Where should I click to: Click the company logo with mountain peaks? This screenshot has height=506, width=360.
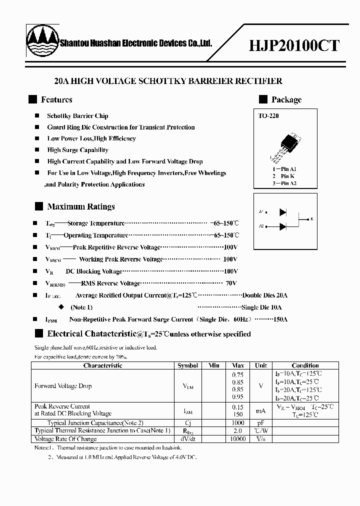[42, 42]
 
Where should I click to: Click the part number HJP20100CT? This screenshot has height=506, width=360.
[294, 45]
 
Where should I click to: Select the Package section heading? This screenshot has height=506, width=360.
[286, 99]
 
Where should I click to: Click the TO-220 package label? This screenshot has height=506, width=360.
[268, 116]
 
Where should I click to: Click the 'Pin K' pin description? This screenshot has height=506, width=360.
[284, 176]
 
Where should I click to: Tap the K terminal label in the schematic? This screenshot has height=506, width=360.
[311, 219]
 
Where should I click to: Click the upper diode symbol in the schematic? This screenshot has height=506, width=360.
[283, 212]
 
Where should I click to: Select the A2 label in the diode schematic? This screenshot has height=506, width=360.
[261, 226]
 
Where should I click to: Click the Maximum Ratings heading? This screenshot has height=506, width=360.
[80, 206]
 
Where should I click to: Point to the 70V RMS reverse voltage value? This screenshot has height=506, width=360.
[230, 283]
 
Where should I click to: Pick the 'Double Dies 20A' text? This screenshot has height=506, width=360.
[265, 295]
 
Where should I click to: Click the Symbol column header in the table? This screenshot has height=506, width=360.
[188, 365]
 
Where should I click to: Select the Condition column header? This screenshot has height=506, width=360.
[305, 365]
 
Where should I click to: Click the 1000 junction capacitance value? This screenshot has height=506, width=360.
[238, 422]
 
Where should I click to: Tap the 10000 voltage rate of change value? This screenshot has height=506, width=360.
[238, 438]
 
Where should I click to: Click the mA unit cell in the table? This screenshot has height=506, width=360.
[260, 410]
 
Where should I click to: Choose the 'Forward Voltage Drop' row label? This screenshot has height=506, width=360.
[63, 386]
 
